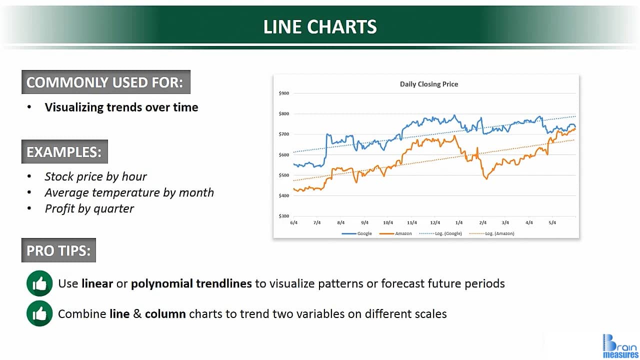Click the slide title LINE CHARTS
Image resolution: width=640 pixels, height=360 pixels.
tap(320, 26)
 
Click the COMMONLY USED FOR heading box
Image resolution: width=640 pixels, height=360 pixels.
tap(105, 82)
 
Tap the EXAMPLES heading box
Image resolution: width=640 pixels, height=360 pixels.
tap(64, 151)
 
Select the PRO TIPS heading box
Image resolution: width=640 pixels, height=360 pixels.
tap(58, 250)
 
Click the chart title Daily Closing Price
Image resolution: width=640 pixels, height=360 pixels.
tap(429, 84)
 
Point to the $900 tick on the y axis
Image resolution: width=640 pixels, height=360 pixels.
tap(283, 93)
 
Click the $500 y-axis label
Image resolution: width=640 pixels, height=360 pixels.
tap(283, 175)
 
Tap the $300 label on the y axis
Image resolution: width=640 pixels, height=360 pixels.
tap(283, 216)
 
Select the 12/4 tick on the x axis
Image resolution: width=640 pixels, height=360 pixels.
tap(435, 223)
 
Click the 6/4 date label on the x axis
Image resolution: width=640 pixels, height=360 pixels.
tap(293, 223)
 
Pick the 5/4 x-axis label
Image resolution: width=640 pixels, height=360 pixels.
tap(552, 223)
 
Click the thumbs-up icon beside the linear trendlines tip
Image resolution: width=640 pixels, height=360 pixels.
tap(39, 283)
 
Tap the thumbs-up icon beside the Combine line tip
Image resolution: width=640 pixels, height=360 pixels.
tap(39, 313)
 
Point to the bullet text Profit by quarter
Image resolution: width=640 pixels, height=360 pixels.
tap(89, 208)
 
